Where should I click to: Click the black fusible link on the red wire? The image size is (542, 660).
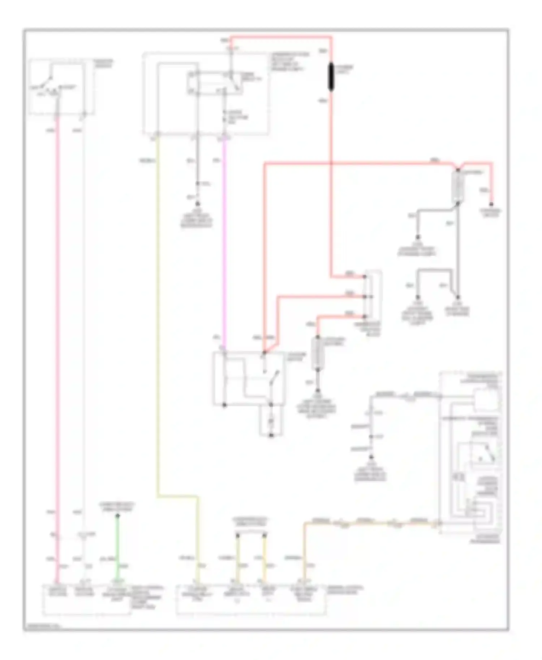pyautogui.click(x=331, y=77)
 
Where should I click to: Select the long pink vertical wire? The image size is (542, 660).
pyautogui.click(x=57, y=325)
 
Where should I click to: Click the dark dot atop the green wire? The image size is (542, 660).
pyautogui.click(x=117, y=516)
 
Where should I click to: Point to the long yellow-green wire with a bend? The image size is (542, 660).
pyautogui.click(x=158, y=325)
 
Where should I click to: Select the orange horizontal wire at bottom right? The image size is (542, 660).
pyautogui.click(x=369, y=522)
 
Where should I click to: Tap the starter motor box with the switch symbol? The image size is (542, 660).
pyautogui.click(x=249, y=378)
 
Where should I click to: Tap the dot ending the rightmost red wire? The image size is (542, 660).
pyautogui.click(x=491, y=203)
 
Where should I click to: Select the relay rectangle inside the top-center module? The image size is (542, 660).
pyautogui.click(x=215, y=83)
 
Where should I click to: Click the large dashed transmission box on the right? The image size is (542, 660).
pyautogui.click(x=470, y=451)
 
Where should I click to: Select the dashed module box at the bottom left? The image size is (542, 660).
pyautogui.click(x=87, y=599)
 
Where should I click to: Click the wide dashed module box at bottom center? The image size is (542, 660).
pyautogui.click(x=251, y=599)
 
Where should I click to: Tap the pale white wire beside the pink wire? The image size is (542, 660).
pyautogui.click(x=83, y=325)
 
